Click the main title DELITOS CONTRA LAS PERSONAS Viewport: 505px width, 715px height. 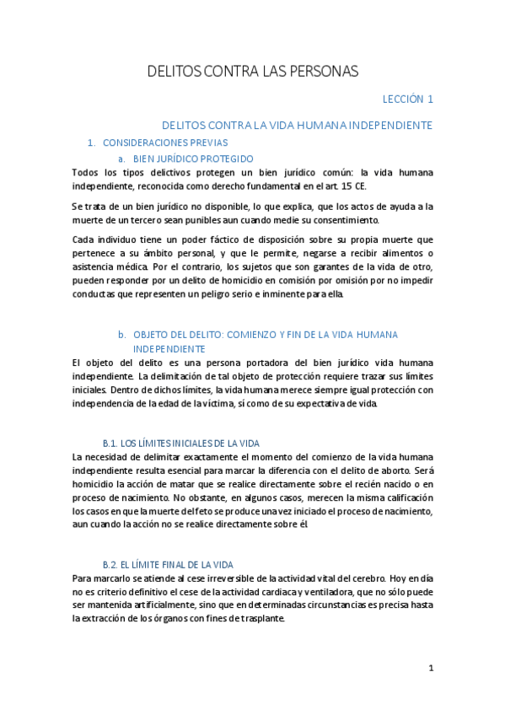[x=253, y=71]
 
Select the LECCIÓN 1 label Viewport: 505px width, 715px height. [x=407, y=99]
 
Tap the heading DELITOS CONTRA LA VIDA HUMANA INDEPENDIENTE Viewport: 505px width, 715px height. [x=297, y=125]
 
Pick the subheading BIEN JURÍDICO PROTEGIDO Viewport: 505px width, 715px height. [x=193, y=159]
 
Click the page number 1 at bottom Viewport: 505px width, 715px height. [x=431, y=668]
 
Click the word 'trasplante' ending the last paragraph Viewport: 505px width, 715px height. [x=261, y=618]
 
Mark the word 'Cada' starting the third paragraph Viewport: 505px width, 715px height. [x=84, y=239]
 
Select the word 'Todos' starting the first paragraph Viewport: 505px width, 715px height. [x=86, y=173]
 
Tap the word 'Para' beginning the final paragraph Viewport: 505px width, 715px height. [x=83, y=578]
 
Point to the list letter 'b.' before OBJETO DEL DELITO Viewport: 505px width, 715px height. [x=121, y=335]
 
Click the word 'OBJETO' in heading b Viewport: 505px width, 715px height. [x=153, y=335]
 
